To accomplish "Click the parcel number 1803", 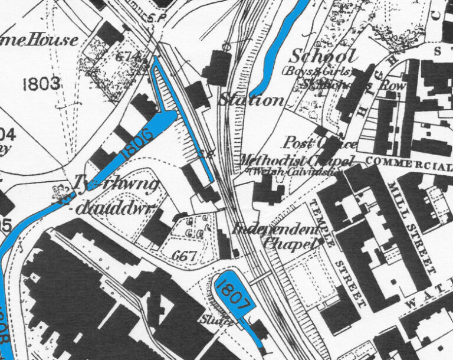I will pyautogui.click(x=41, y=84).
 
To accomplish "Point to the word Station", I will pyautogui.click(x=251, y=100).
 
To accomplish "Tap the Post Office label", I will pyautogui.click(x=320, y=143).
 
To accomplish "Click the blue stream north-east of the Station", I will pyautogui.click(x=277, y=47).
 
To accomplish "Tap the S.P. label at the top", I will pyautogui.click(x=156, y=19).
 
